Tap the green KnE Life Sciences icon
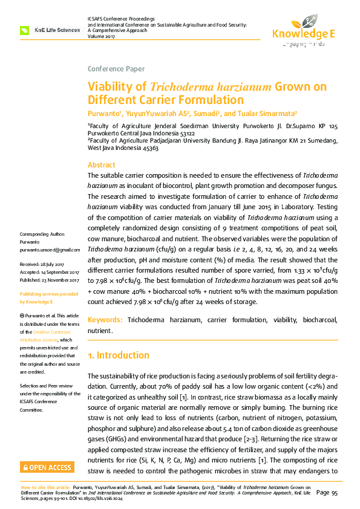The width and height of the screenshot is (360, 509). coord(25,30)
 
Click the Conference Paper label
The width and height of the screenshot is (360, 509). coord(116,69)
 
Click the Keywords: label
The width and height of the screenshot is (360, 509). coord(106,319)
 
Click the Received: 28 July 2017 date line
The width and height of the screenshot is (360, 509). coord(46,265)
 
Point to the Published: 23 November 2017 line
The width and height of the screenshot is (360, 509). coord(50,280)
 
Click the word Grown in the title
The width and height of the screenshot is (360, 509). coord(293,86)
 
